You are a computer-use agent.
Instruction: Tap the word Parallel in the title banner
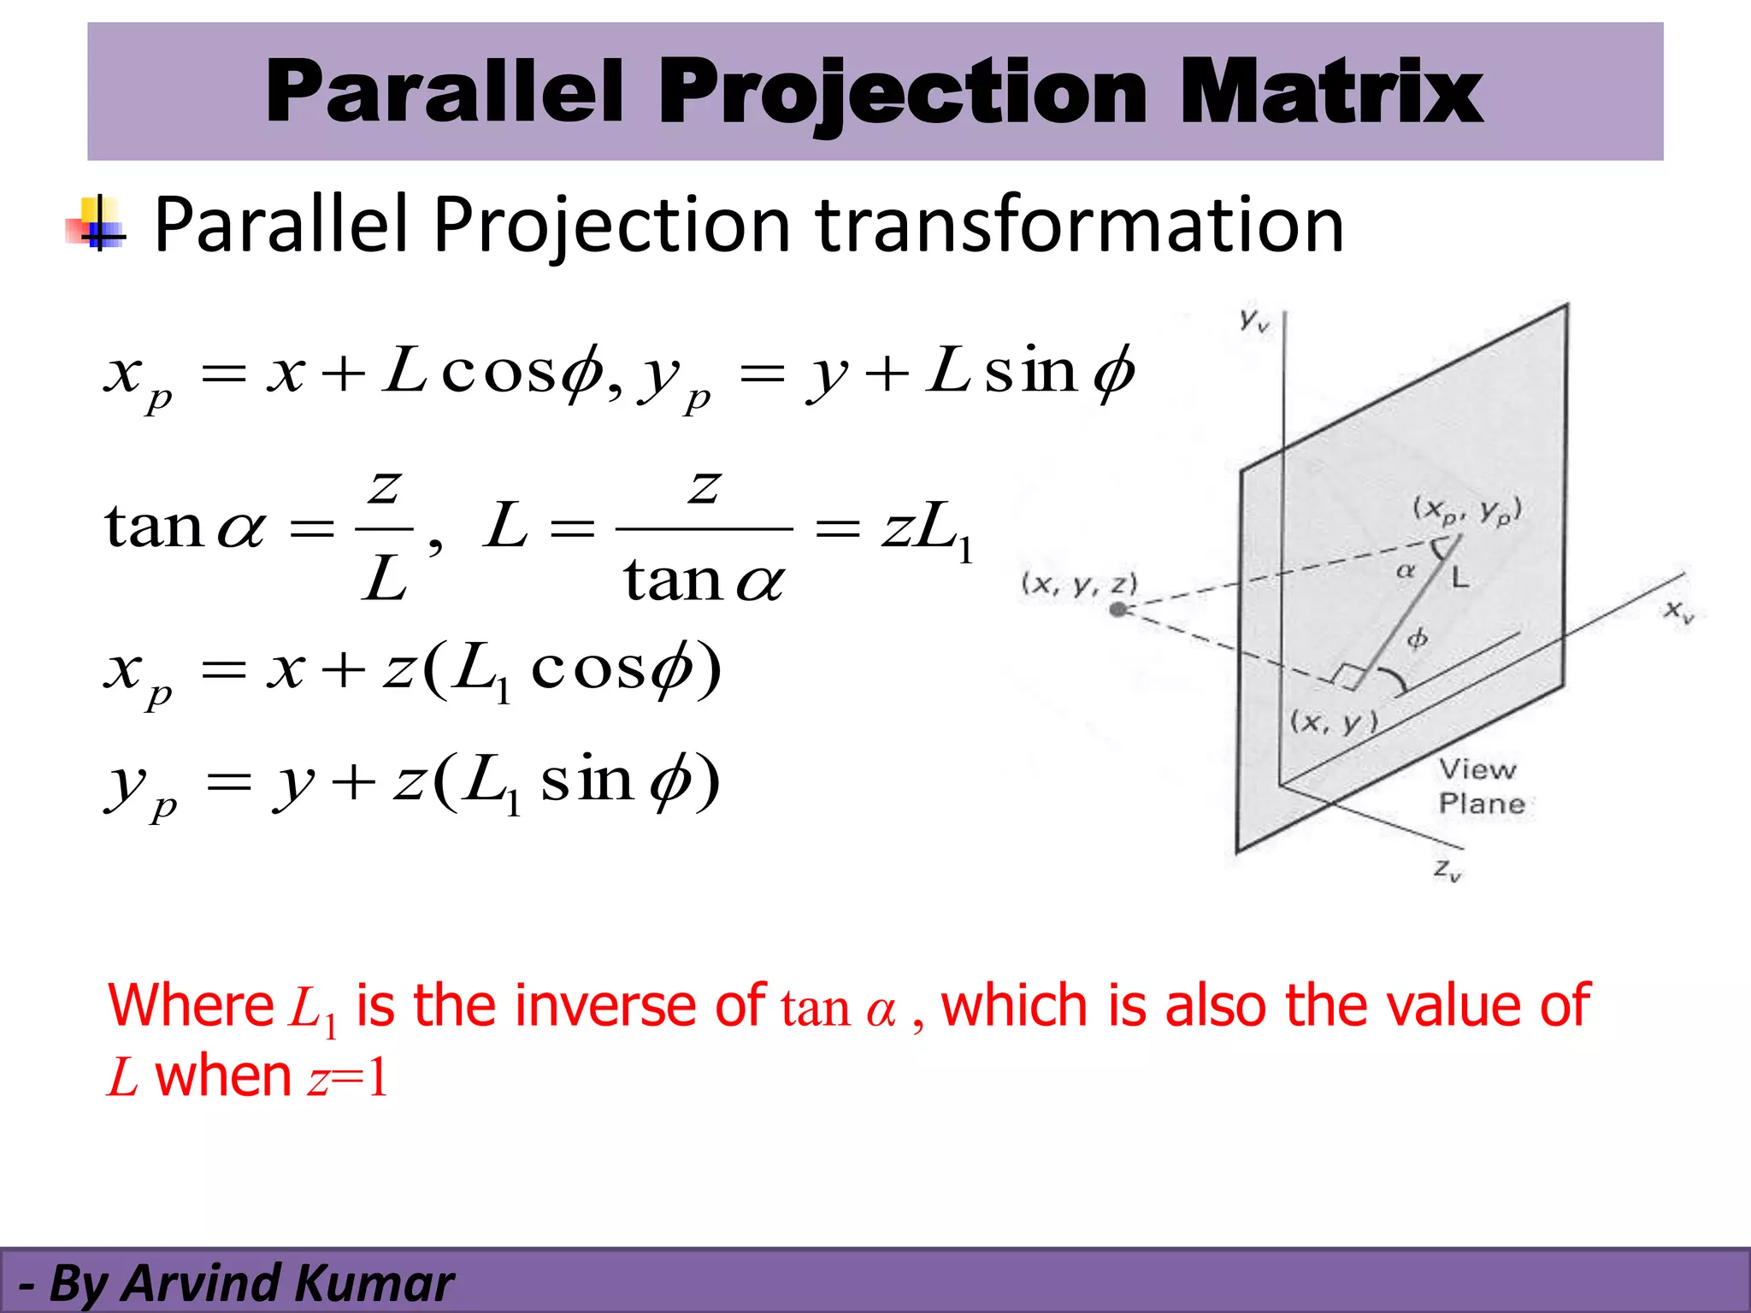[445, 92]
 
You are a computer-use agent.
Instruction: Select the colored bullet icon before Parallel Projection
[97, 225]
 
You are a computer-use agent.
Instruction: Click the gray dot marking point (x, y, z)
[1117, 609]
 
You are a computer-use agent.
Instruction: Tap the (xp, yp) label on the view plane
[1467, 510]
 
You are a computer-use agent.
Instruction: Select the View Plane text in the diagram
[1481, 786]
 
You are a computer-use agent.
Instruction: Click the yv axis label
[1254, 321]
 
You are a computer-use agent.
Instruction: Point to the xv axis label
[1678, 611]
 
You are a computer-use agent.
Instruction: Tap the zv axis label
[1447, 870]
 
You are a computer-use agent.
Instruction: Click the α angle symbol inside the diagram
[1405, 570]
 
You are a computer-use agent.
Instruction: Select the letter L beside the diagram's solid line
[1460, 579]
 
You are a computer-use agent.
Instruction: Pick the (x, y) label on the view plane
[1334, 723]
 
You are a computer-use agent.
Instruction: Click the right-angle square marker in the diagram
[1347, 676]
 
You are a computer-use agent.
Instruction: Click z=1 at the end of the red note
[348, 1077]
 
